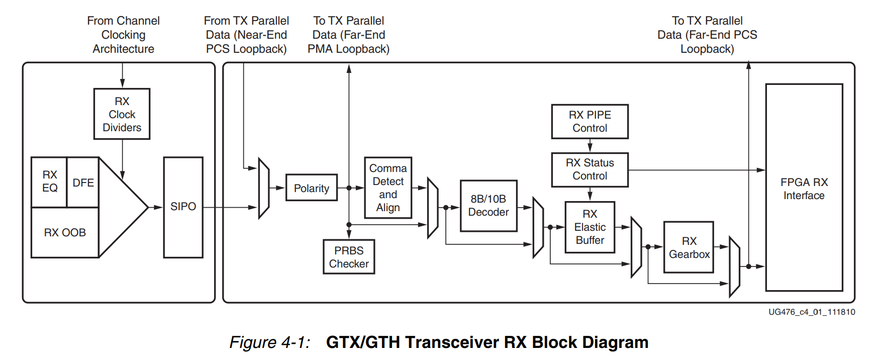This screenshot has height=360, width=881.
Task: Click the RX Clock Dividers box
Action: (122, 114)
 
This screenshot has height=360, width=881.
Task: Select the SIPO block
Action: (183, 207)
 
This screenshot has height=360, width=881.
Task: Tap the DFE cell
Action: (83, 183)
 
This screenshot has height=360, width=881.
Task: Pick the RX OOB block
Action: (65, 232)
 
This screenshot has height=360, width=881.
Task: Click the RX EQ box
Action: (49, 182)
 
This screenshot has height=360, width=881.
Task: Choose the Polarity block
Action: (311, 188)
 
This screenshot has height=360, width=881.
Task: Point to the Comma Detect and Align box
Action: (387, 188)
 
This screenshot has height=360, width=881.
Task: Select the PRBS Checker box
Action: (349, 257)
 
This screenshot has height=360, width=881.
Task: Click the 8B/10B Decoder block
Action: (488, 206)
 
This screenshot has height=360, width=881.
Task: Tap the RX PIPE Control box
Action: (590, 122)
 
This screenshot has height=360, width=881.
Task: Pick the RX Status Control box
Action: (590, 169)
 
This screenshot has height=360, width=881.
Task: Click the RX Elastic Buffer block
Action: (590, 227)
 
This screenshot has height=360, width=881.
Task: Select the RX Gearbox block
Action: (689, 247)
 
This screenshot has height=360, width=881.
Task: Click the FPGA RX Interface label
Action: (804, 189)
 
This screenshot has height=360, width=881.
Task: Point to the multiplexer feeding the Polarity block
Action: (264, 188)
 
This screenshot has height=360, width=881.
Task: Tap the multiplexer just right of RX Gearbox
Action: (734, 266)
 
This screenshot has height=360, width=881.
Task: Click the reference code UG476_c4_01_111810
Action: (811, 312)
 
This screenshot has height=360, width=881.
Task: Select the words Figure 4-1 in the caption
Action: (269, 342)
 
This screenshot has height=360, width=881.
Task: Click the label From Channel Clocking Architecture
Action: (123, 35)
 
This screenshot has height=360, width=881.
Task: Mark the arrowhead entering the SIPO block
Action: (159, 207)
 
